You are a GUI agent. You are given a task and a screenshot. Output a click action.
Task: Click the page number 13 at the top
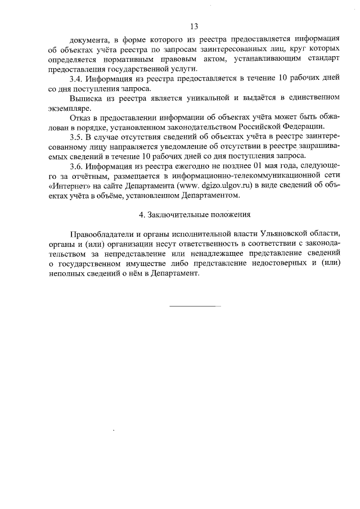[x=194, y=26]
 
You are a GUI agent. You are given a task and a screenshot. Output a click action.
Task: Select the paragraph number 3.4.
[x=76, y=79]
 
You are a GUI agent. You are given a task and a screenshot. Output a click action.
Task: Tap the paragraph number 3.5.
[x=76, y=137]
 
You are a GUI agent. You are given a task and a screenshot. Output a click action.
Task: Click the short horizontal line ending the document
[x=195, y=306]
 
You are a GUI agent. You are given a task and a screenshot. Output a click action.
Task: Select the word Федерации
[x=299, y=127]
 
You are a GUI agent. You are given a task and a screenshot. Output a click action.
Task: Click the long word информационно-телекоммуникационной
[x=253, y=176]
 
